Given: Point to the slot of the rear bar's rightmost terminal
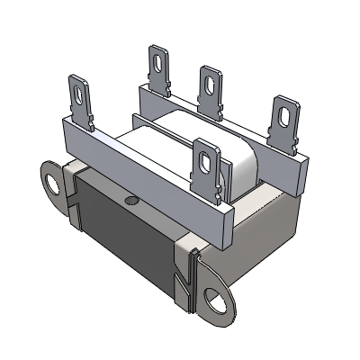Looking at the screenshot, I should coord(285,115).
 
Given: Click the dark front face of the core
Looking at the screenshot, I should coord(121,238).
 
